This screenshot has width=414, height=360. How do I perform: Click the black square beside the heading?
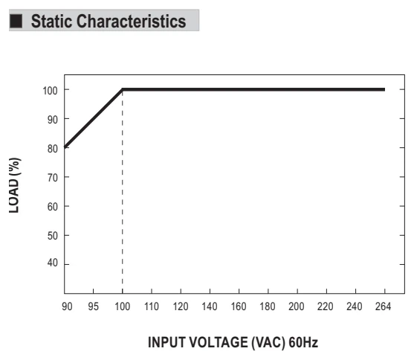pyautogui.click(x=16, y=21)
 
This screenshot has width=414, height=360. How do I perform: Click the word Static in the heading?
pyautogui.click(x=51, y=21)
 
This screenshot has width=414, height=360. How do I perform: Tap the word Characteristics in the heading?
pyautogui.click(x=132, y=21)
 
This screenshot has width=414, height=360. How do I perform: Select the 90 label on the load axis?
pyautogui.click(x=53, y=120)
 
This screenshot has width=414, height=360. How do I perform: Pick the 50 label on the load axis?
pyautogui.click(x=53, y=236)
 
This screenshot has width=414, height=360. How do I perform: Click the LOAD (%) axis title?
pyautogui.click(x=15, y=185)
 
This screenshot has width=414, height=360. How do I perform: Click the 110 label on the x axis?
pyautogui.click(x=152, y=306)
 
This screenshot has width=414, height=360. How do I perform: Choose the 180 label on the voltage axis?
pyautogui.click(x=268, y=306)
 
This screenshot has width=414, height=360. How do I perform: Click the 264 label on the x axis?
pyautogui.click(x=383, y=306)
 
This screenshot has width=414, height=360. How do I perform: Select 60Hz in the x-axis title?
pyautogui.click(x=303, y=342)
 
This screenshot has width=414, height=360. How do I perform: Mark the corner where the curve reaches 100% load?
pyautogui.click(x=123, y=89)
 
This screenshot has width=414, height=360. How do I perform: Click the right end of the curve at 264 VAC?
pyautogui.click(x=385, y=89)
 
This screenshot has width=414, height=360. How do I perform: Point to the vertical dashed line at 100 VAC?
pyautogui.click(x=123, y=192)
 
